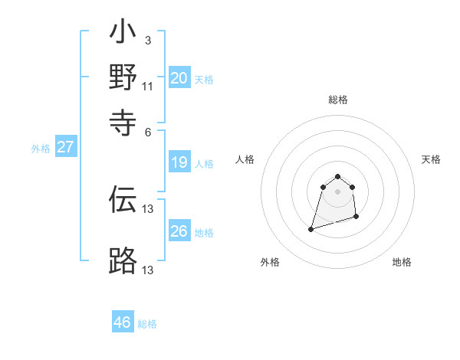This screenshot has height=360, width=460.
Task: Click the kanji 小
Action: pos(123,34)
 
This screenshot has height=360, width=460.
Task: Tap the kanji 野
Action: pos(123,77)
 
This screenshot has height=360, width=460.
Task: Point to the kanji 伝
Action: pos(123,199)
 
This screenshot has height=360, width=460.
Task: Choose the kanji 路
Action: pos(123,261)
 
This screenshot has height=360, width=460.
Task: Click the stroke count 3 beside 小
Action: pos(148,40)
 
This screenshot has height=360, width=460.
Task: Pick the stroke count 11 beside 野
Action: pos(148,85)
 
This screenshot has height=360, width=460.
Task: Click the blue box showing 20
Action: pos(179,78)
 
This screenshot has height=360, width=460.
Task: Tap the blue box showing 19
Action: pos(179,162)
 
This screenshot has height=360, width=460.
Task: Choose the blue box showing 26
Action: pos(179,231)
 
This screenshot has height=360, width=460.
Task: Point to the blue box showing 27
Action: pos(65,147)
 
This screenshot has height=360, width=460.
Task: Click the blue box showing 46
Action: pos(123,322)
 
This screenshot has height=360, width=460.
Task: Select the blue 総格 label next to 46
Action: pos(147,324)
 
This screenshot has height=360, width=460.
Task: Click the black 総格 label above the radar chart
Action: pos(337,100)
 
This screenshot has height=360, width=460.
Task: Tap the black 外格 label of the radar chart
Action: pos(270,262)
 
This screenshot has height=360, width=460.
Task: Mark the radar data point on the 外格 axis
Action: pos(311,228)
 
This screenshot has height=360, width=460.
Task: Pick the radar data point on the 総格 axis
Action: pos(337,175)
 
